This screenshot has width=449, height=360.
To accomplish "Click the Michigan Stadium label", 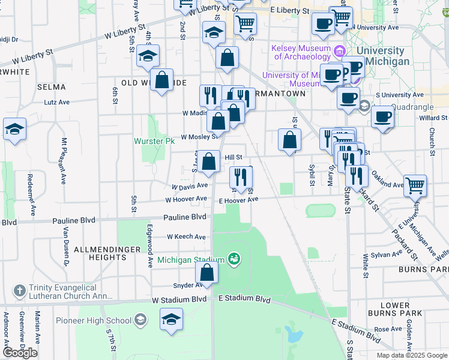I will [191, 260].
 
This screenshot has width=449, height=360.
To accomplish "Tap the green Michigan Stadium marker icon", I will [234, 260].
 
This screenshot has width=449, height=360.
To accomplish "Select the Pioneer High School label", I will [94, 320].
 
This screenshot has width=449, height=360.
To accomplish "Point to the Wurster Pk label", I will [154, 141].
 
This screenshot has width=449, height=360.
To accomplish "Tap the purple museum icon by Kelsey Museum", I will [340, 52].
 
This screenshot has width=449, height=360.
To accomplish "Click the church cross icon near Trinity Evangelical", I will [19, 292].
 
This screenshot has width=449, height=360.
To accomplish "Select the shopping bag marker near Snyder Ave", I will [206, 274].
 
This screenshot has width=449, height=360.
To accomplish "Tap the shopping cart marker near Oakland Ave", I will [415, 187].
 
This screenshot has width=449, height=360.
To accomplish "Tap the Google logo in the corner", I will [20, 353].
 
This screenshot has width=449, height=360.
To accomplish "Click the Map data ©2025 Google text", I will [411, 355].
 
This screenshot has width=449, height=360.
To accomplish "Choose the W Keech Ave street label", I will [187, 237].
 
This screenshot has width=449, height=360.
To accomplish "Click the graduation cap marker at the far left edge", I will [14, 130].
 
